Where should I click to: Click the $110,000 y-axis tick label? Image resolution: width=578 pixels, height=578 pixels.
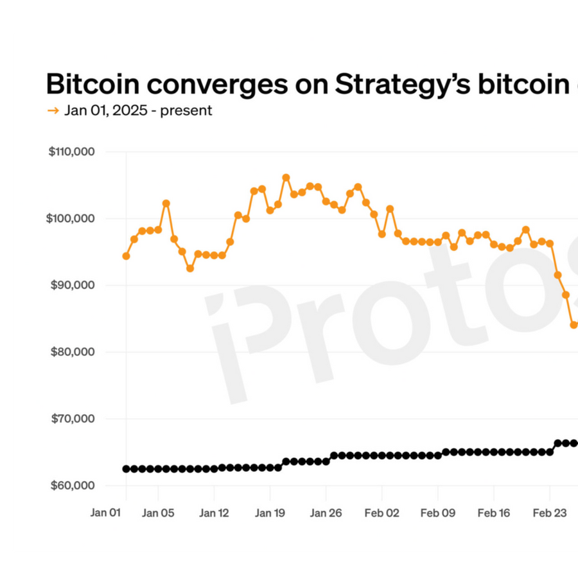click(72, 152)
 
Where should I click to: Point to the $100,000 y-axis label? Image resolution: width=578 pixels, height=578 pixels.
click(72, 218)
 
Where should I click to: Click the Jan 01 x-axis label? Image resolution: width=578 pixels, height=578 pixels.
click(105, 513)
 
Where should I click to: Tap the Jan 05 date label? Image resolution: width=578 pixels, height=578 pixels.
click(158, 513)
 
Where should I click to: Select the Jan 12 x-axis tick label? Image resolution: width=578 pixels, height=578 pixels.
click(214, 513)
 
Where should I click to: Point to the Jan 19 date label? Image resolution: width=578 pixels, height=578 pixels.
click(270, 513)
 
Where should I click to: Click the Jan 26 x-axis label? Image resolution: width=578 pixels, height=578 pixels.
click(326, 513)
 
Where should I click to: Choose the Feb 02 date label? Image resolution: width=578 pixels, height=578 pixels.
click(381, 513)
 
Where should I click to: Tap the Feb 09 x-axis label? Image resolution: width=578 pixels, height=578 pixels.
click(438, 513)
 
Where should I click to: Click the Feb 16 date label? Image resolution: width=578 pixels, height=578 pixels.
click(493, 513)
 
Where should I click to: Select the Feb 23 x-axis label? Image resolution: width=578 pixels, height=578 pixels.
click(549, 513)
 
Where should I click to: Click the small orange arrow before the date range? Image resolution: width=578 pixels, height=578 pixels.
click(53, 110)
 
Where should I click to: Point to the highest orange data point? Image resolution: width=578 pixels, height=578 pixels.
click(286, 177)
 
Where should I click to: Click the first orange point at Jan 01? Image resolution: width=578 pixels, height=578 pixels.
click(126, 256)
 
